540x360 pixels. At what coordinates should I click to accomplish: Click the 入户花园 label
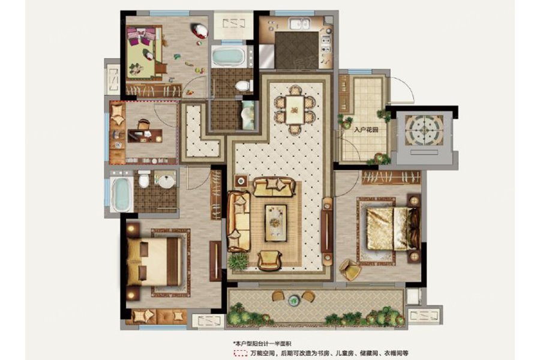tap(366, 130)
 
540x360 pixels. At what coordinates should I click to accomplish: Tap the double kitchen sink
tap(299, 24)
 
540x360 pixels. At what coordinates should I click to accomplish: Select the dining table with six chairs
tap(295, 110)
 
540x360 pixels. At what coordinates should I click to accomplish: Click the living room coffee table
tap(275, 223)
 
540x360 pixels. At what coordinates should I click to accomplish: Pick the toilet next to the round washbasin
tap(144, 179)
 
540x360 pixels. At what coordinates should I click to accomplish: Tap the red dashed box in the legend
tap(241, 353)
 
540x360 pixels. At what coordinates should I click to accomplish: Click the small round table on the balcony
tap(293, 301)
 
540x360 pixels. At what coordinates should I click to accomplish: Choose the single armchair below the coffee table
tap(269, 260)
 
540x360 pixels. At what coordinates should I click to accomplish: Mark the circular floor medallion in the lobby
tap(424, 130)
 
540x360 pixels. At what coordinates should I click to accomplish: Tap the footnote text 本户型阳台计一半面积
tap(262, 343)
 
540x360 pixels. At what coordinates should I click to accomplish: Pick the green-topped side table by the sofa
tap(241, 181)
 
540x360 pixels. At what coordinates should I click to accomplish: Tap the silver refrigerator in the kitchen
tap(266, 56)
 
